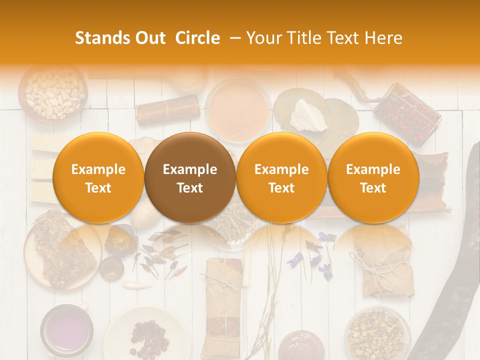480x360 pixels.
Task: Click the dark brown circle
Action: (x=190, y=178)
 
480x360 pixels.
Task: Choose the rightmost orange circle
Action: (x=373, y=178)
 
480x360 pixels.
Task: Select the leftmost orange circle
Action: (x=98, y=178)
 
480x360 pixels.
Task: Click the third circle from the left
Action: (x=281, y=178)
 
